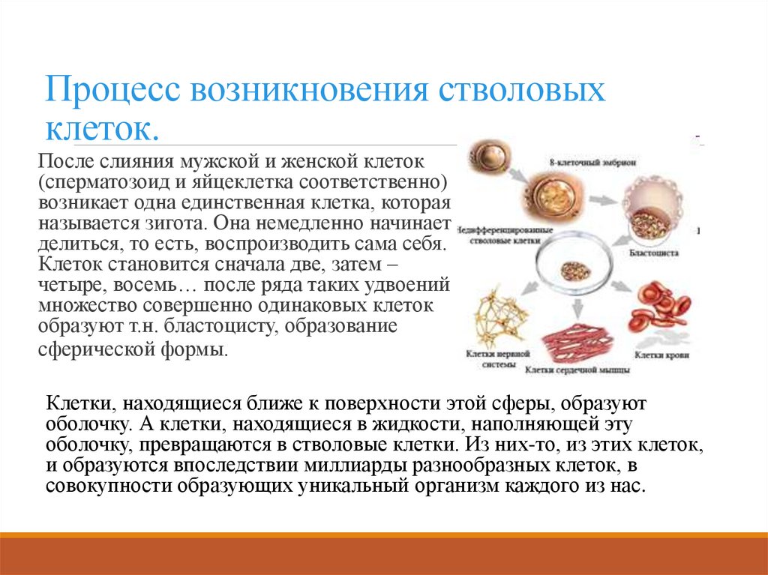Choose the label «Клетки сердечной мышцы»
[577, 370]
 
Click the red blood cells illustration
[660, 307]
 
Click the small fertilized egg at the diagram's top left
[488, 158]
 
